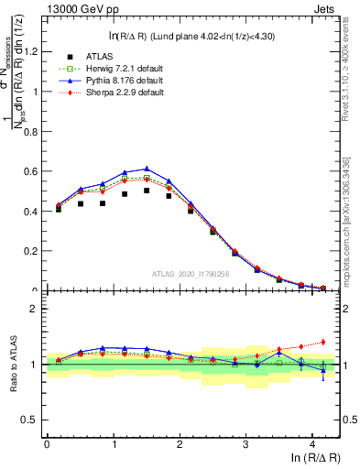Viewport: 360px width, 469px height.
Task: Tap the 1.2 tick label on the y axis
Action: point(30,51)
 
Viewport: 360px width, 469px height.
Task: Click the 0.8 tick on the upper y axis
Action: point(30,131)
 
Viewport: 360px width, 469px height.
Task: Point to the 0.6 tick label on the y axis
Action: point(30,171)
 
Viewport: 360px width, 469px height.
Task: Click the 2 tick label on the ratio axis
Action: point(35,309)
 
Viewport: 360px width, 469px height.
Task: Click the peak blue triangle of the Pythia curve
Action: point(147,169)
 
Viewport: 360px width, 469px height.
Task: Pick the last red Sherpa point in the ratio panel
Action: point(322,342)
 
